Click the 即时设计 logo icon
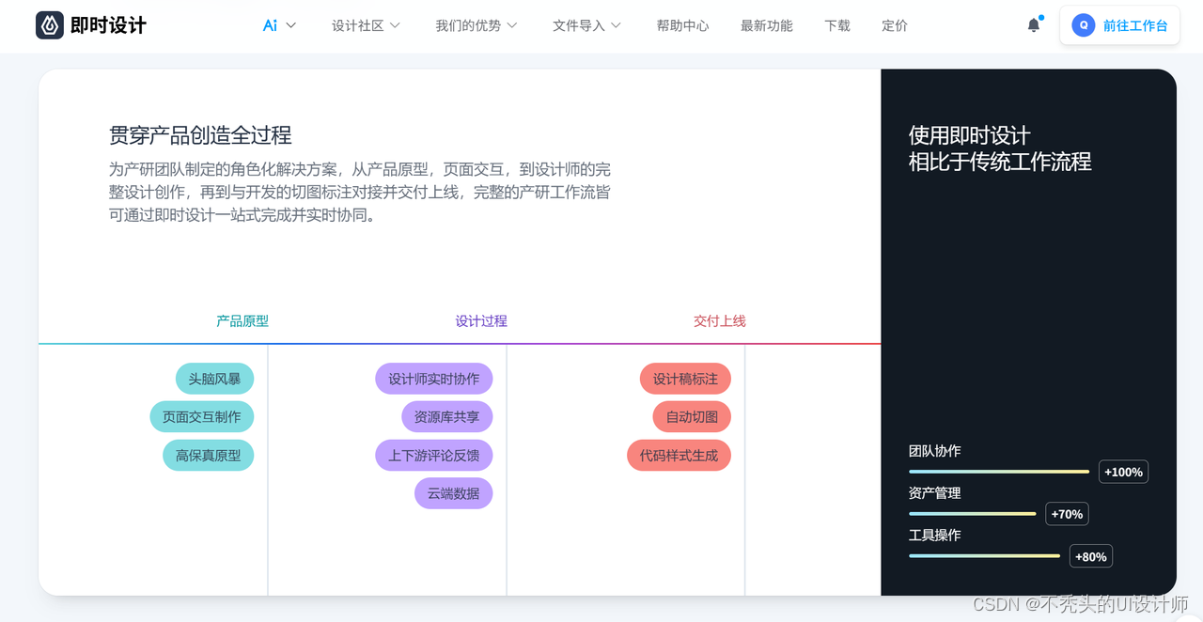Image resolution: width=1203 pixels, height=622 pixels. click(x=49, y=25)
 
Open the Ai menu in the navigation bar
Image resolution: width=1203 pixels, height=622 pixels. click(x=279, y=25)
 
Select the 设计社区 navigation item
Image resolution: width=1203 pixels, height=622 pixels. click(x=366, y=25)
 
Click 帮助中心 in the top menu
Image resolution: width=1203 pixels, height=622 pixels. click(x=682, y=25)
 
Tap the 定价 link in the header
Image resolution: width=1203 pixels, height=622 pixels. click(x=895, y=25)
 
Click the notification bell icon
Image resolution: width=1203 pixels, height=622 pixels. click(x=1034, y=25)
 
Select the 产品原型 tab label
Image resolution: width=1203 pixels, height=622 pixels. click(x=242, y=320)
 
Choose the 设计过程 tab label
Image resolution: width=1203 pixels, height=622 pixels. click(x=481, y=320)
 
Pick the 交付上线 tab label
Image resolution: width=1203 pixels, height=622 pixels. click(x=720, y=320)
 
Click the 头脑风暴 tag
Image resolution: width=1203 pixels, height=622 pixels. click(x=214, y=379)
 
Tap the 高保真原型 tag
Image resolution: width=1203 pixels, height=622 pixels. click(x=208, y=455)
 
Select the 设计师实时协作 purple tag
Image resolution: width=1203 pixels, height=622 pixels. click(x=433, y=379)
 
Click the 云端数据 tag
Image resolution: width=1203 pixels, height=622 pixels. click(x=453, y=493)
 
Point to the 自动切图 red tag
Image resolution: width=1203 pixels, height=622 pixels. click(x=692, y=417)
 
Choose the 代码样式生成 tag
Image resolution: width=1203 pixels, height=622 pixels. click(x=679, y=455)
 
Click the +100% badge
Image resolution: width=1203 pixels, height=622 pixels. click(x=1123, y=472)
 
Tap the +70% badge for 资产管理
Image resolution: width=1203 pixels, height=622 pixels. click(x=1067, y=514)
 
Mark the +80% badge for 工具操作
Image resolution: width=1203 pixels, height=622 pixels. click(x=1090, y=556)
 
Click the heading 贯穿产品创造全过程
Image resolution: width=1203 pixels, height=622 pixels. click(x=200, y=135)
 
